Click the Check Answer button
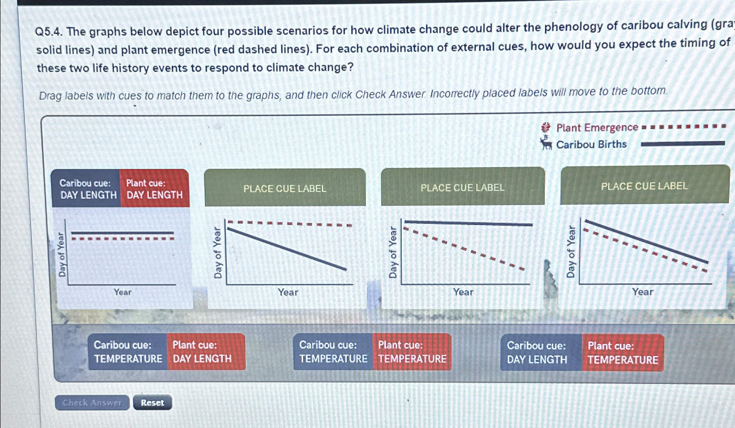click(x=92, y=403)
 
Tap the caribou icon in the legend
click(x=546, y=144)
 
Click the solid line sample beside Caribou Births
click(x=683, y=144)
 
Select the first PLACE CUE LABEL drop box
click(x=285, y=188)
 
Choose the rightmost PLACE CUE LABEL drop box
click(x=645, y=185)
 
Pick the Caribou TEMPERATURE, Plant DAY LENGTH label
click(x=167, y=352)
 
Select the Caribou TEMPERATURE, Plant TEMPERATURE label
click(x=373, y=352)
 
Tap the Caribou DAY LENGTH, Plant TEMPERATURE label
click(x=582, y=353)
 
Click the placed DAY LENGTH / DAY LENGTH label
click(x=120, y=188)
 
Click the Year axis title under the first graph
click(x=123, y=292)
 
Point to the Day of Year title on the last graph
click(x=571, y=251)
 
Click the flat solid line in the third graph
click(x=468, y=223)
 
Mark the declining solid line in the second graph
click(x=287, y=249)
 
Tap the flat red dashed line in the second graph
click(x=290, y=223)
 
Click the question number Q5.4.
click(x=49, y=32)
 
